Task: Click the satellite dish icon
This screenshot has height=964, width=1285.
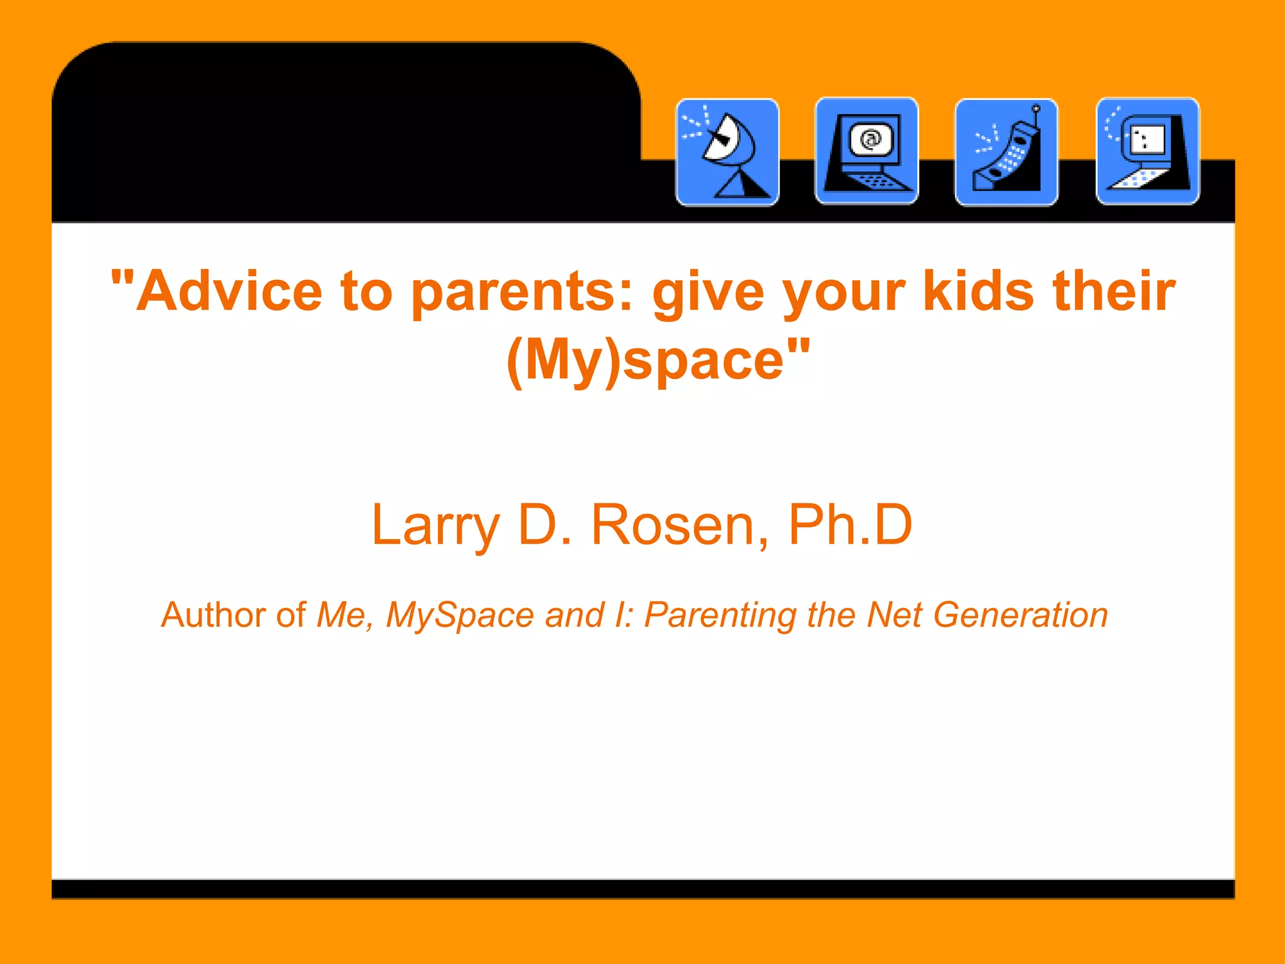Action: (x=728, y=152)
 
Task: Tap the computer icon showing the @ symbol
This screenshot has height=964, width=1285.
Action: (x=866, y=151)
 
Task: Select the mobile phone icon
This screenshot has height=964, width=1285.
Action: (x=1006, y=152)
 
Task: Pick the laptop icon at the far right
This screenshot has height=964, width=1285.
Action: (x=1148, y=151)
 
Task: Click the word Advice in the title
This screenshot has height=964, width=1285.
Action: (x=229, y=291)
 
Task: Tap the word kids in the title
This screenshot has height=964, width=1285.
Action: (x=978, y=291)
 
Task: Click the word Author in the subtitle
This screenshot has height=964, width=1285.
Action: (x=213, y=614)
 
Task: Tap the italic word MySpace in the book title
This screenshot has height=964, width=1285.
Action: (x=460, y=616)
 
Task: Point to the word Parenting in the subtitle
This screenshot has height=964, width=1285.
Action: (x=720, y=616)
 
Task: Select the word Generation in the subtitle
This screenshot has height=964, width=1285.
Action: (x=1021, y=614)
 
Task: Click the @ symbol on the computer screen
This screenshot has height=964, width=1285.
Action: (x=870, y=139)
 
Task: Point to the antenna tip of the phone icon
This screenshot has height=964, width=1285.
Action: (x=1037, y=109)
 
